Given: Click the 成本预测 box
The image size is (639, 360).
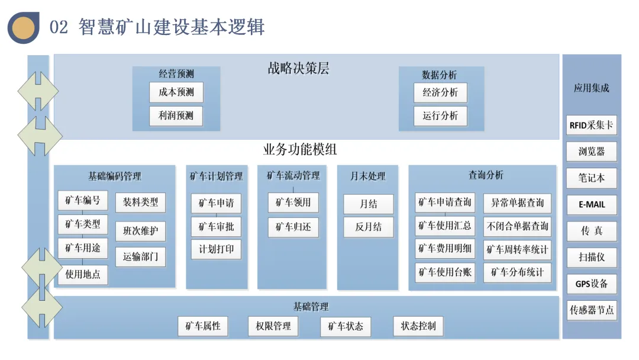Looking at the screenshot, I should [176, 93].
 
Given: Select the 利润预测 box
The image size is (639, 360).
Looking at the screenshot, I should [176, 115].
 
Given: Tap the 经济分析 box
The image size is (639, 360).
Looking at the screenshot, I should [440, 93].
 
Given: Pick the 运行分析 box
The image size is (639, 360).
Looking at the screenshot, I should [440, 116].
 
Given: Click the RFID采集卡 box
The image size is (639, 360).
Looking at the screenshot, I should [591, 126].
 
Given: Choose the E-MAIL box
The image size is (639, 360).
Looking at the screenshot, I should [591, 205].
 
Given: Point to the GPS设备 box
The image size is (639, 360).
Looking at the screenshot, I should [591, 284].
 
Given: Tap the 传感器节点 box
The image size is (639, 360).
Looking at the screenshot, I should [591, 310].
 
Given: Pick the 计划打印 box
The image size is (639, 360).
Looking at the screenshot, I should [216, 249].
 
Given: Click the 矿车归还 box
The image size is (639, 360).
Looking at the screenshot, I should [293, 227].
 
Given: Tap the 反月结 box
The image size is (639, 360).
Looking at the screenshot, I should [369, 227].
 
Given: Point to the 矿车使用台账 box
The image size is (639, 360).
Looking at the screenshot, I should [445, 272].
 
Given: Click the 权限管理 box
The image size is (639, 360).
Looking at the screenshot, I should [273, 326].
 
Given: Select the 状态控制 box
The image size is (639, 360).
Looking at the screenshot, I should [418, 326].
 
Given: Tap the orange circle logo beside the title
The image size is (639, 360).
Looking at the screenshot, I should [24, 27].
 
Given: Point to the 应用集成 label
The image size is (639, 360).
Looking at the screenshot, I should [591, 88].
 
